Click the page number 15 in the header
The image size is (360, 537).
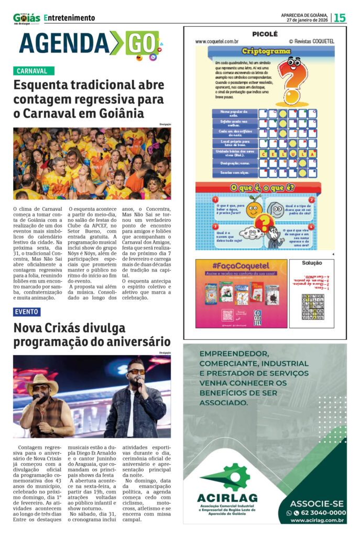point(340,17)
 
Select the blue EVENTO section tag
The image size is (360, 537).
point(27,312)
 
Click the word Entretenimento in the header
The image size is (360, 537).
point(70,18)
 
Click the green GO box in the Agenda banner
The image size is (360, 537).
point(140,42)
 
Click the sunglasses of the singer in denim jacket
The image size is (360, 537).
point(136,372)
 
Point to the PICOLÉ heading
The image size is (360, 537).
point(265,34)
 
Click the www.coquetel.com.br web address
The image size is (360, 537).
point(217,41)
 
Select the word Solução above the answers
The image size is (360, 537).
point(312,263)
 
